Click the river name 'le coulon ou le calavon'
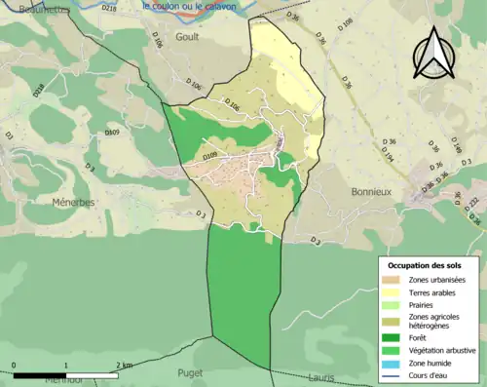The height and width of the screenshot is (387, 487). click(193, 6)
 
